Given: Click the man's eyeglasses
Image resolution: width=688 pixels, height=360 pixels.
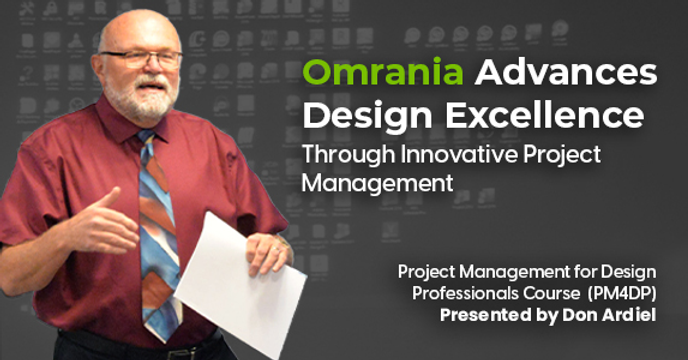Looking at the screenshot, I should point(140,58).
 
